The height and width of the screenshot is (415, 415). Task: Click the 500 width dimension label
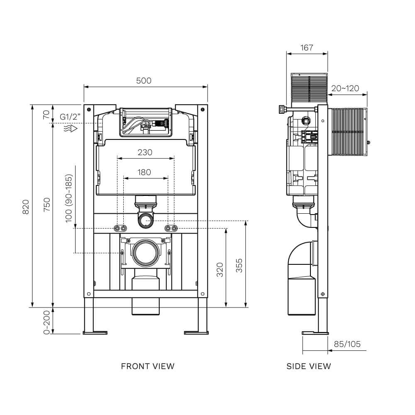pyautogui.click(x=144, y=81)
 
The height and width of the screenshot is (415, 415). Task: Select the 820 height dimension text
pyautogui.click(x=25, y=206)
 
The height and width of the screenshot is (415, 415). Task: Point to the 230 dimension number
pyautogui.click(x=145, y=152)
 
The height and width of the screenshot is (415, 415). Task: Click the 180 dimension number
pyautogui.click(x=144, y=172)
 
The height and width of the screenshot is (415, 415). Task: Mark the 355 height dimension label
pyautogui.click(x=239, y=266)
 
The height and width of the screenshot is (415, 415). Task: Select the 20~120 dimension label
pyautogui.click(x=345, y=88)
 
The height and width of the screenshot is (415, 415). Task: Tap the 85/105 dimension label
pyautogui.click(x=347, y=344)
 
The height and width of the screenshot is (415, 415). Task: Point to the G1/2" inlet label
pyautogui.click(x=69, y=117)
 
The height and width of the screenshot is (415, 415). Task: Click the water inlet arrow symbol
pyautogui.click(x=71, y=129)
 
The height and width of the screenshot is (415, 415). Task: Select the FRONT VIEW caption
pyautogui.click(x=148, y=366)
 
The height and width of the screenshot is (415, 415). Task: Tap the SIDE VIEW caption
pyautogui.click(x=309, y=366)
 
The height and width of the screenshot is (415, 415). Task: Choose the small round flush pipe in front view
pyautogui.click(x=145, y=220)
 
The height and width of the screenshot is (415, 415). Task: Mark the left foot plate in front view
pyautogui.click(x=95, y=332)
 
